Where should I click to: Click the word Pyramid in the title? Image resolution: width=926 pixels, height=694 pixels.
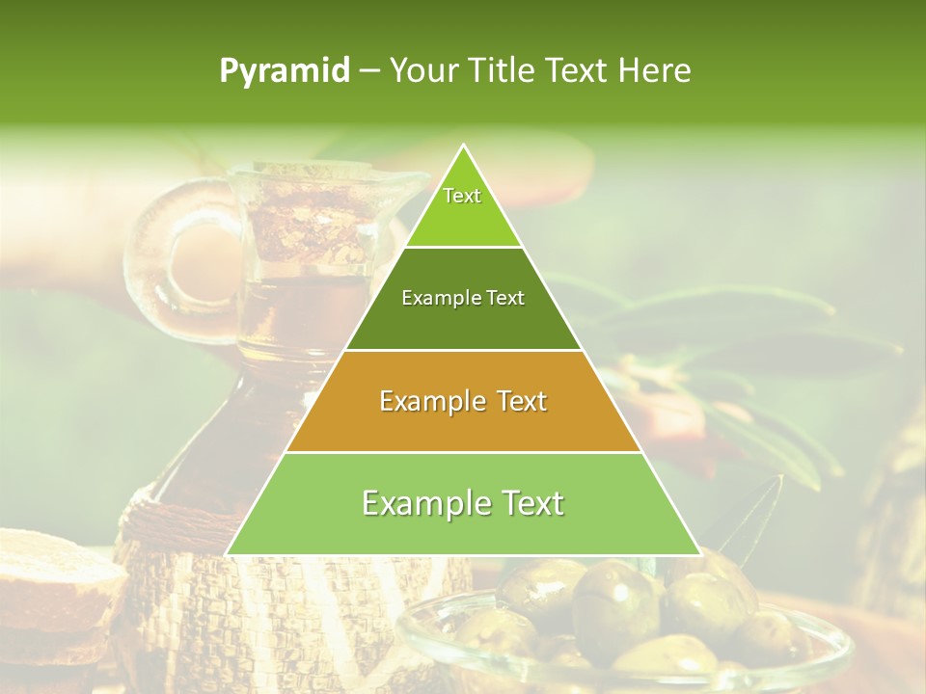[x=284, y=71]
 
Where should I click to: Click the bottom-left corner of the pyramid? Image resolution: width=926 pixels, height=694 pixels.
[x=228, y=554]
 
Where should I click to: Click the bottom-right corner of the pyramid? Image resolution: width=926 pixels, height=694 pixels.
[x=699, y=554]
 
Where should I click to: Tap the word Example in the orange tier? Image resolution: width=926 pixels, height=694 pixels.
[x=421, y=401]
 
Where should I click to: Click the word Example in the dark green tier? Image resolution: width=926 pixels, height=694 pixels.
[x=432, y=299]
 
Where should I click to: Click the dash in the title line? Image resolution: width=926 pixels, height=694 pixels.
[x=369, y=71]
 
